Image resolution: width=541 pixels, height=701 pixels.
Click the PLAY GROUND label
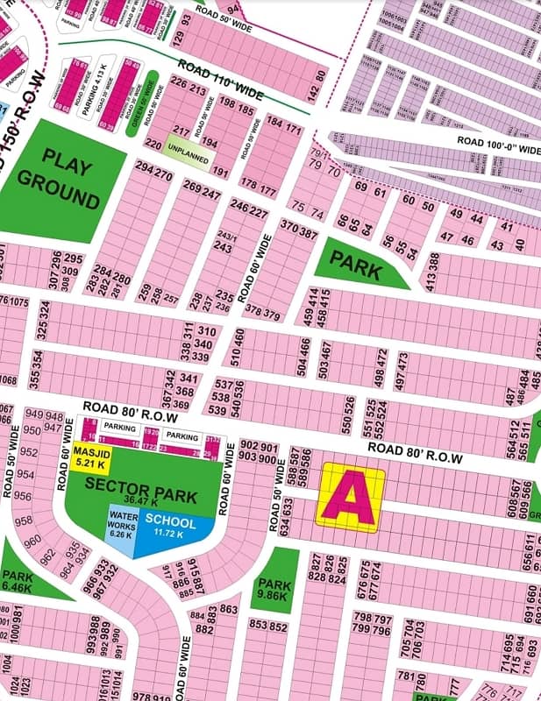point(59,181)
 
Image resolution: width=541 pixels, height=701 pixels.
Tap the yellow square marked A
point(350,498)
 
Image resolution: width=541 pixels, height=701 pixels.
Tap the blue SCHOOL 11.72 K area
point(172,528)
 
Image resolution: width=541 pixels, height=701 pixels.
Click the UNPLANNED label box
point(186,149)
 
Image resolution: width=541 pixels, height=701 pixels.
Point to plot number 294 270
point(153,174)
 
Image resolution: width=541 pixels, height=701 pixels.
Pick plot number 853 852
point(268,625)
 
